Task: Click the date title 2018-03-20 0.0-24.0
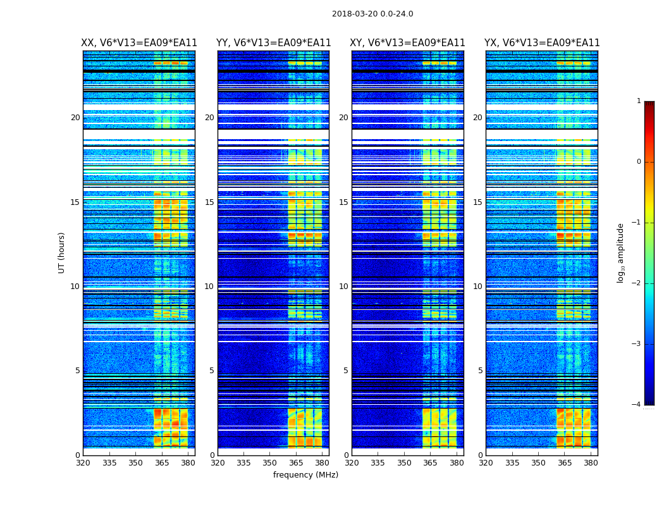coord(372,14)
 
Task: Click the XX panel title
coord(139,43)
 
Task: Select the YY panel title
coord(273,43)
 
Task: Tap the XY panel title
coord(408,43)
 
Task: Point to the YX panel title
coord(542,43)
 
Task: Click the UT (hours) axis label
coord(62,252)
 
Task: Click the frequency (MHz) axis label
coord(305,475)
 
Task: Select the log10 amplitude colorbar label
coord(621,252)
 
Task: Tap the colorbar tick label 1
coord(639,101)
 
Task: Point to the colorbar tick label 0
coord(639,162)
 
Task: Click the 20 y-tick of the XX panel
coord(75,118)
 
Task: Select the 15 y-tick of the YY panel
coord(209,202)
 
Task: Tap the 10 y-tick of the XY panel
coord(343,287)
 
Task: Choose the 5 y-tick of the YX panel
coord(480,371)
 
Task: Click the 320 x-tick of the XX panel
coord(83,463)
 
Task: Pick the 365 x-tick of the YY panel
coord(296,463)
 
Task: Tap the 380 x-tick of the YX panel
coord(591,463)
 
